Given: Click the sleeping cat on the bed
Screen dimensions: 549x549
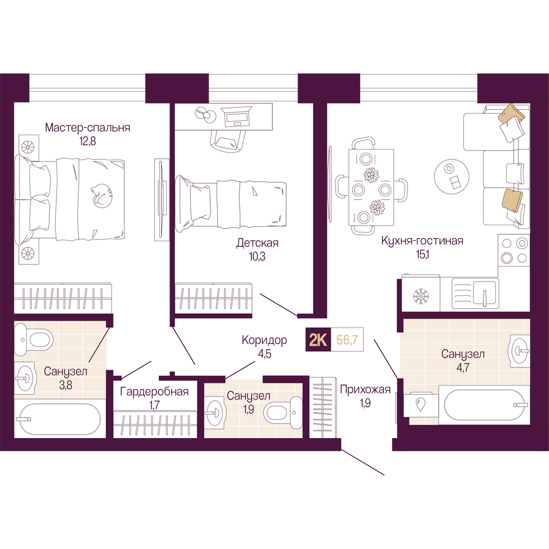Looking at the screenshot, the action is coord(102,195).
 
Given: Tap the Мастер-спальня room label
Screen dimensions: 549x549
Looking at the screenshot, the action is coord(87,127).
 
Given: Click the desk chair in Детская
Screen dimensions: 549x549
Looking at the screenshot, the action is coord(227,140).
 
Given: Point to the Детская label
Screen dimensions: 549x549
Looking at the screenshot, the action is coord(257,243).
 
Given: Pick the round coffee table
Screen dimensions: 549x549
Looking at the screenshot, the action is coord(451,177).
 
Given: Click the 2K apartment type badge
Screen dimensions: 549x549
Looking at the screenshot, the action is coord(318,339).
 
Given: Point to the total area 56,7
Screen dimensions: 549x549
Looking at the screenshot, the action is coord(347,339).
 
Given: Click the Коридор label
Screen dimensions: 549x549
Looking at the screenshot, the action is coord(264,340).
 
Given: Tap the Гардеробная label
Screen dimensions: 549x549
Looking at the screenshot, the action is coord(154,391).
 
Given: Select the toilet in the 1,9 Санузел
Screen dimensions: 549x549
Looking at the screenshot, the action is coord(283,412).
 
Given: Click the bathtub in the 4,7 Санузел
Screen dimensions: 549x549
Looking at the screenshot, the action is coord(484,404).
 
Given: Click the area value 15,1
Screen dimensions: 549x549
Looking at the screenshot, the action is coord(422,255).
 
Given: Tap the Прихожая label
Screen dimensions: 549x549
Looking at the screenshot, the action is coord(365,389).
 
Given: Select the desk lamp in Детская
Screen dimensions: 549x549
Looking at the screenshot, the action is coord(205,115).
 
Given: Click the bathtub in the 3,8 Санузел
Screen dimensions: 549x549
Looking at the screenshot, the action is coord(60,419).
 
